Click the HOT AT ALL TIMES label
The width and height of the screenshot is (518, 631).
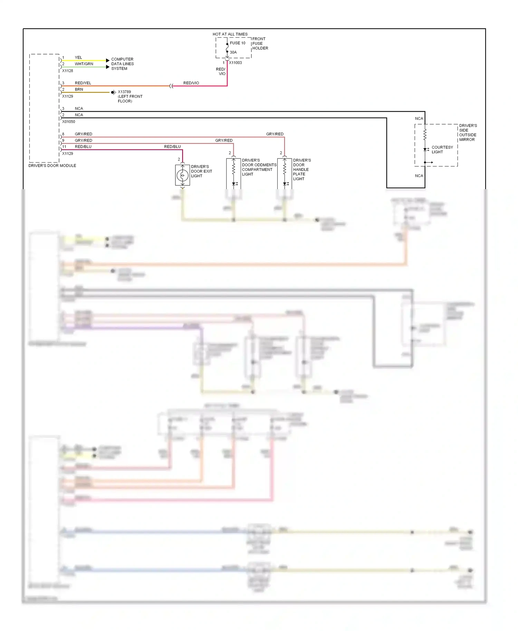[230, 34]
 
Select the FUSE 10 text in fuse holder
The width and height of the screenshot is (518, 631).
[238, 43]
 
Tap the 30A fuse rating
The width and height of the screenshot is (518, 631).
[233, 52]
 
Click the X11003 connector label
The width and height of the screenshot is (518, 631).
[235, 63]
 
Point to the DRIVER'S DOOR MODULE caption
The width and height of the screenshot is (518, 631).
[52, 166]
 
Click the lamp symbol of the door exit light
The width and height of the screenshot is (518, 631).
[182, 175]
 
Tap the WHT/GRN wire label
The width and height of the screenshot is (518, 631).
[84, 64]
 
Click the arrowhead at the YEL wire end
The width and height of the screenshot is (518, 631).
[108, 60]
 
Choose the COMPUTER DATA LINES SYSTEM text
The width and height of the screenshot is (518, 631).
[122, 64]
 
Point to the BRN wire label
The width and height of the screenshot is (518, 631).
[79, 89]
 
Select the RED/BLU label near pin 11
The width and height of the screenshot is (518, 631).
[83, 147]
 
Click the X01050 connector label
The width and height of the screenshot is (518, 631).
[68, 122]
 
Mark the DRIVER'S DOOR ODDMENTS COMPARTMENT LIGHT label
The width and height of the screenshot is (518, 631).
[259, 167]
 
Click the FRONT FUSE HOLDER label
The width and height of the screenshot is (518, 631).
[260, 43]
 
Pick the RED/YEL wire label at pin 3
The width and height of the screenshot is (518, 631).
[83, 83]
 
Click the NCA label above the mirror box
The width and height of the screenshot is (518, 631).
[419, 119]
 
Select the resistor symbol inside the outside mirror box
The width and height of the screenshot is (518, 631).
[425, 134]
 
